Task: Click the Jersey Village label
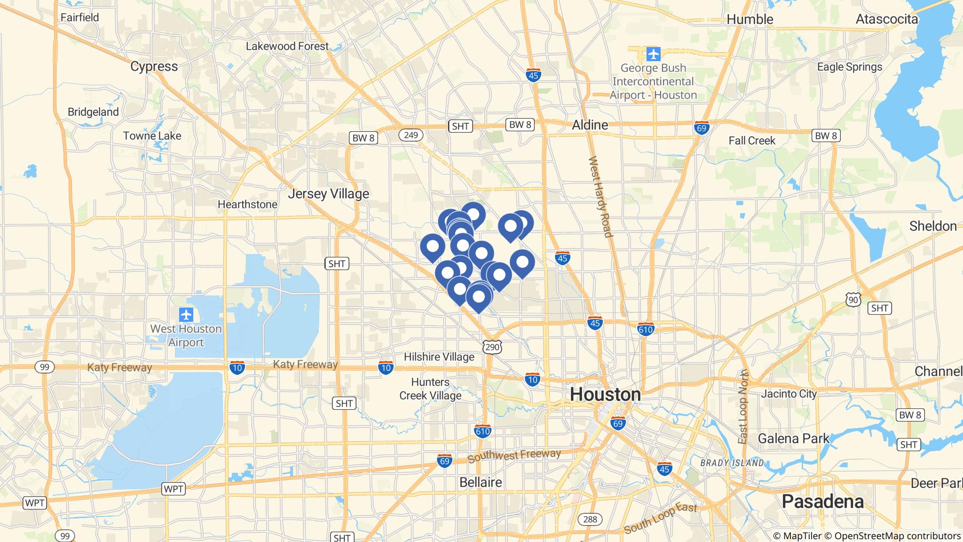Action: click(329, 194)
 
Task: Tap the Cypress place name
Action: click(154, 66)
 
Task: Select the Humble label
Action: click(750, 19)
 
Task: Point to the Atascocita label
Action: click(886, 19)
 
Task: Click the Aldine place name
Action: click(590, 125)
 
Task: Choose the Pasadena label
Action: click(822, 502)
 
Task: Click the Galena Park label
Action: click(793, 438)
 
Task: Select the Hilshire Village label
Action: click(439, 357)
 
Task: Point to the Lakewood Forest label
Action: click(287, 46)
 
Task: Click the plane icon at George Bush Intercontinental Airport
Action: click(653, 54)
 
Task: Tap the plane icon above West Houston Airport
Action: click(186, 314)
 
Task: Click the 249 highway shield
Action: click(410, 135)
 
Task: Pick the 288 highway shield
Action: click(590, 519)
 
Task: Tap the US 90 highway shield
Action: click(853, 299)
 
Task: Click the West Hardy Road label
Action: click(601, 197)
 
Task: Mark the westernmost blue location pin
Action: click(432, 247)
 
